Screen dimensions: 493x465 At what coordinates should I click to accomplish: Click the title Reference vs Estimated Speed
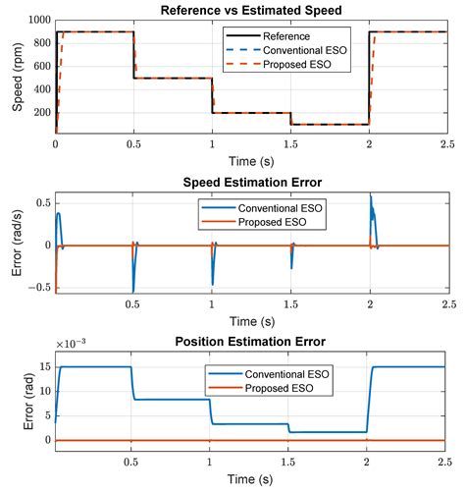point(251,10)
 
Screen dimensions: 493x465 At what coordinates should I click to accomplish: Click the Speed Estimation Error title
point(251,182)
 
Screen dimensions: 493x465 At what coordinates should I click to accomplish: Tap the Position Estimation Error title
point(251,341)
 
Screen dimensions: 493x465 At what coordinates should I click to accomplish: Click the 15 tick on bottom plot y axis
point(44,367)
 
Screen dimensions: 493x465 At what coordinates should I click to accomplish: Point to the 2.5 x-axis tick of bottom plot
point(446,463)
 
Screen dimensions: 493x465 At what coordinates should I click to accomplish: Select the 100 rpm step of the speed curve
point(329,124)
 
